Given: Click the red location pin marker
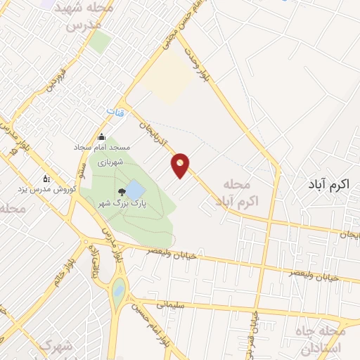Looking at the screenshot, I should [181, 165].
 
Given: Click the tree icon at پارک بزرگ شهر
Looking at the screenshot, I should [121, 191].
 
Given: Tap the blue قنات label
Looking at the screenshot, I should [113, 112].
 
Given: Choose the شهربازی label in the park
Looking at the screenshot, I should [110, 162].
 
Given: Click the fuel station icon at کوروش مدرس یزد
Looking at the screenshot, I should [46, 178].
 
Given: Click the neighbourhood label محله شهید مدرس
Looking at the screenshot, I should [89, 17].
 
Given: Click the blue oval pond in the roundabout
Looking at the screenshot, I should [118, 288].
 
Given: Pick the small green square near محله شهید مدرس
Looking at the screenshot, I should [100, 42].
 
